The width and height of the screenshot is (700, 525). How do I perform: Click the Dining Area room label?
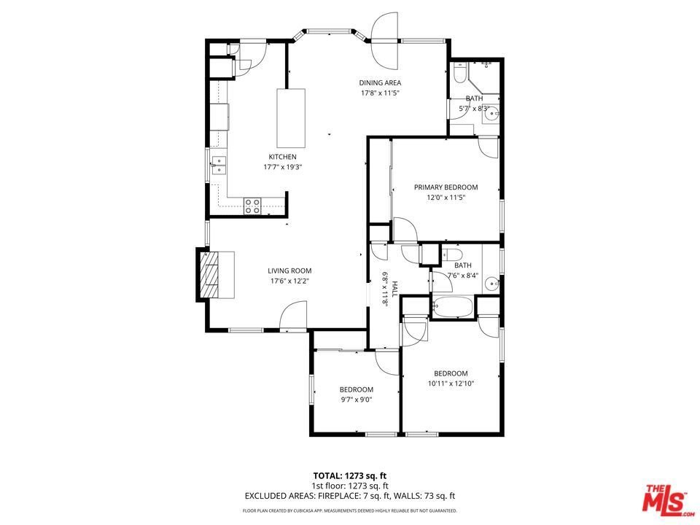coord(380,82)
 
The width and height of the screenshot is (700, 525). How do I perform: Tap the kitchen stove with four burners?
coord(252,206)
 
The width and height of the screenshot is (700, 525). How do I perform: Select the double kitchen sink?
coord(219,166)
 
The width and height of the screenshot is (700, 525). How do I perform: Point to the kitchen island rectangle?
coord(291,118)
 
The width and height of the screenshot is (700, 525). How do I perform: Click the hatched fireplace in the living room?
coord(209,275)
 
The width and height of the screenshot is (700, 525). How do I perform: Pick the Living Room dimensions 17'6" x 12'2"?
coord(289,281)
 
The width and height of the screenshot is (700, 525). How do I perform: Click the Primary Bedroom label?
coord(446,187)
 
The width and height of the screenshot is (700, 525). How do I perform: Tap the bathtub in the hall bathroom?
coord(453,307)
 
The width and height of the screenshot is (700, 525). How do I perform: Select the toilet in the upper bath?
coord(459,73)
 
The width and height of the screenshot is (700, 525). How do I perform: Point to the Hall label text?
coord(394,289)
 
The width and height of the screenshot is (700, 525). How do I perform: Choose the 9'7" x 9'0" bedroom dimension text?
coord(356,400)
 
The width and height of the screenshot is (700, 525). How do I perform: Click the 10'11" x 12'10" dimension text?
coord(451,384)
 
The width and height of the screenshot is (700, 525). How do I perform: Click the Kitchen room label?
coord(282,157)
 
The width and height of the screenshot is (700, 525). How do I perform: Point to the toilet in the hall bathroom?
coord(452,255)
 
